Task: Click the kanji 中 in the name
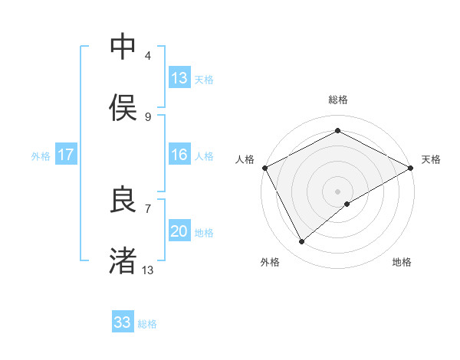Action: click(123, 47)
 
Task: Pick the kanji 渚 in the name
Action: click(123, 260)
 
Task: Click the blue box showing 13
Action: click(179, 78)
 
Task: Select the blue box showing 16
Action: click(179, 155)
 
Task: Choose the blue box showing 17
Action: click(66, 155)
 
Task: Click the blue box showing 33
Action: click(123, 322)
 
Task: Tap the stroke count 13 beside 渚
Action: click(148, 270)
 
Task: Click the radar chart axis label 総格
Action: click(337, 100)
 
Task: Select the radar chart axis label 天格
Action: click(431, 159)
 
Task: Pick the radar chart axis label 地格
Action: click(402, 262)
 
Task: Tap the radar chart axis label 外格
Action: click(270, 262)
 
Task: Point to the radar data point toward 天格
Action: click(411, 167)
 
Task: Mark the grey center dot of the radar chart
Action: click(337, 191)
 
